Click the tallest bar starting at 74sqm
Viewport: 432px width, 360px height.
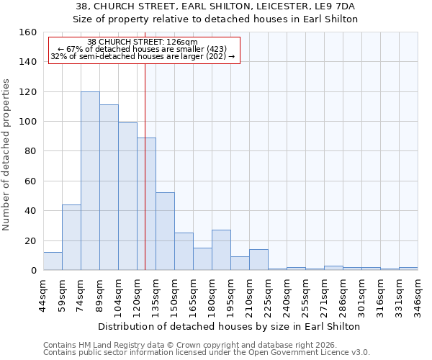90,181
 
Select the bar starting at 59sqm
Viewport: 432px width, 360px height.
71,238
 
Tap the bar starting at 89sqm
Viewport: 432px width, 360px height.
109,187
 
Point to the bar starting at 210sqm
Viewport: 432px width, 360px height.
258,259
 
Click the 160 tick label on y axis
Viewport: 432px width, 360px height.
28,32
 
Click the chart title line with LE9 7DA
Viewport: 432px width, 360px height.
216,6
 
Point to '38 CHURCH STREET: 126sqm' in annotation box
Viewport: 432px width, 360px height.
142,42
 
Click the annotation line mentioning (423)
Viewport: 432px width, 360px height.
142,49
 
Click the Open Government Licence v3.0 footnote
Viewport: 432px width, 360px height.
206,352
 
